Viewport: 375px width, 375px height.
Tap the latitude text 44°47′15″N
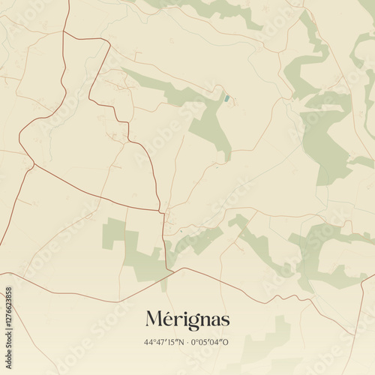click(x=163, y=343)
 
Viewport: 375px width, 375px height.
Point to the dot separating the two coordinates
click(x=187, y=343)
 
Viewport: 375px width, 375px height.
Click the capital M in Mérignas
click(x=153, y=320)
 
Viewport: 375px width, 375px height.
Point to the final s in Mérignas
click(x=225, y=322)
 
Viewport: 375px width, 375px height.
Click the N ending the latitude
click(x=181, y=343)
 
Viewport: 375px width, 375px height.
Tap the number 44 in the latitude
click(x=149, y=343)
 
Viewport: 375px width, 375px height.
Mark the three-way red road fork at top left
click(x=64, y=32)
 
